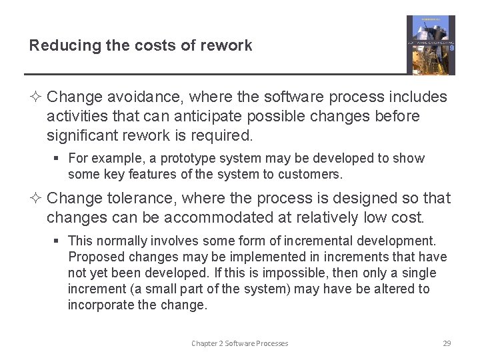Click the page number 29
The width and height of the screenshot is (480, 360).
[x=447, y=343]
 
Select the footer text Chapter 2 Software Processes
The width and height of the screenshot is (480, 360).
[x=240, y=343]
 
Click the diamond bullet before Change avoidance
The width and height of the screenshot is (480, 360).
[x=36, y=97]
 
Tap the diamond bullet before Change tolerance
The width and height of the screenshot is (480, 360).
[x=36, y=199]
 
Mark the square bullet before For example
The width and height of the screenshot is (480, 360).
[x=59, y=159]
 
